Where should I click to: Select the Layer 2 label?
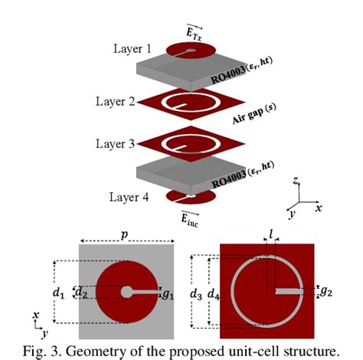(117, 101)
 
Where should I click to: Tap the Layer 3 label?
(117, 143)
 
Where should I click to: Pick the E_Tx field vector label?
(196, 31)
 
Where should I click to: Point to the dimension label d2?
(79, 291)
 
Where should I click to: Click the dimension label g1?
(168, 291)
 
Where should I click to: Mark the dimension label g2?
(325, 291)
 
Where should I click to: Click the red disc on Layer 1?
(188, 52)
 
